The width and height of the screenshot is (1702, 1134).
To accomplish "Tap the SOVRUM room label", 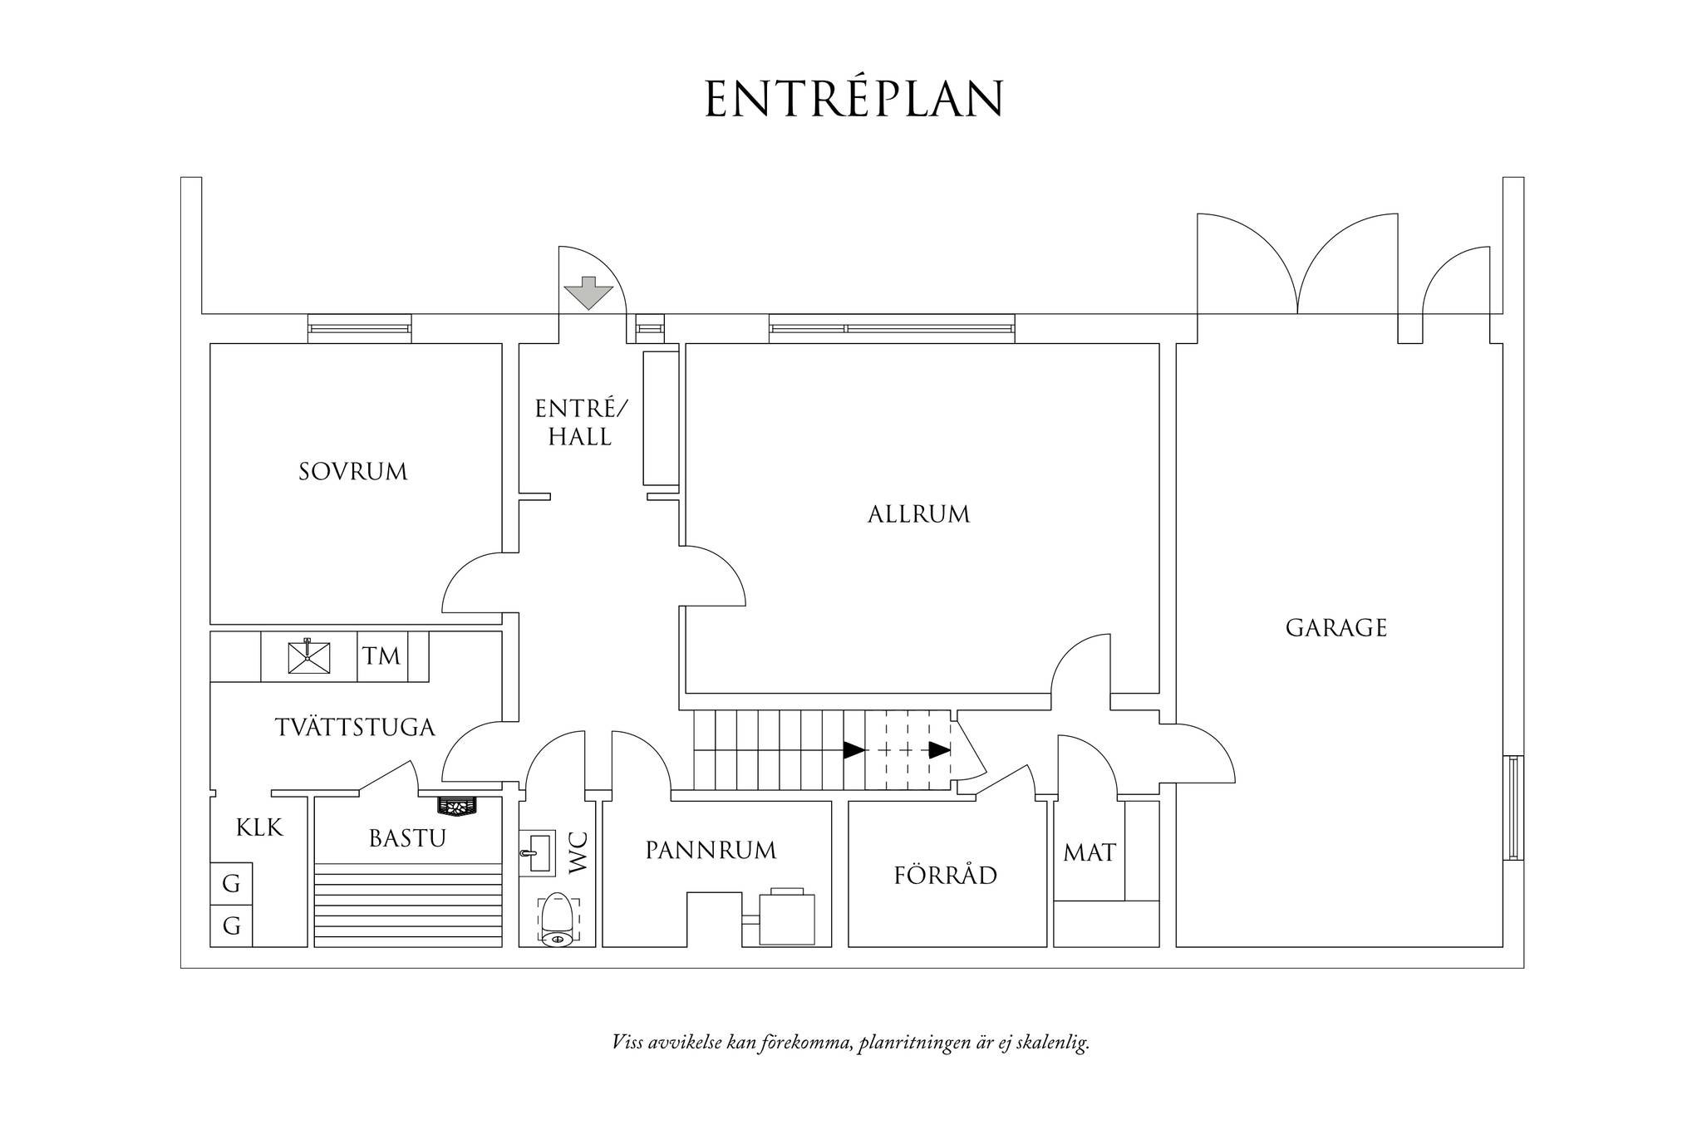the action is coord(353,472).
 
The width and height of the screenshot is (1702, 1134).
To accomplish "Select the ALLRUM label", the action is coord(918,514).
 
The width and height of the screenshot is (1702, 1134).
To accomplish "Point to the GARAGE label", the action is coord(1336,627).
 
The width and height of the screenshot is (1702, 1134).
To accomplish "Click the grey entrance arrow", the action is coord(588,292).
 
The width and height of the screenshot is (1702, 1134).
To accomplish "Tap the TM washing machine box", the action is coord(382,657).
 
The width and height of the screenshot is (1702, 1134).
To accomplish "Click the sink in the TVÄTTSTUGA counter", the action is coord(309,656).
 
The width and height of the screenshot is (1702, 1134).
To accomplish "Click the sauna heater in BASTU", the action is coord(457,806).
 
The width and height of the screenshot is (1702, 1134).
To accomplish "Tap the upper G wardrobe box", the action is coord(231,885).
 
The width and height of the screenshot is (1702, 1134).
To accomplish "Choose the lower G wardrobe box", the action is coord(231,925).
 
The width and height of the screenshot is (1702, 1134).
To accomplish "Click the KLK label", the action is coord(259,827).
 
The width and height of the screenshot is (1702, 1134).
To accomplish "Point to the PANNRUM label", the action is coord(711,851).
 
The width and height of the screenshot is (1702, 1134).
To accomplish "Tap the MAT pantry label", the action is coord(1090,852).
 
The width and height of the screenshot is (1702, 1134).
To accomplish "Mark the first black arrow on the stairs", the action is coord(854,750).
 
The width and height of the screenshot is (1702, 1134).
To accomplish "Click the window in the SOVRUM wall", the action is coord(360,328).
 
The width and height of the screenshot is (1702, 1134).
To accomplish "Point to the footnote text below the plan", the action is coord(850,1043).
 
